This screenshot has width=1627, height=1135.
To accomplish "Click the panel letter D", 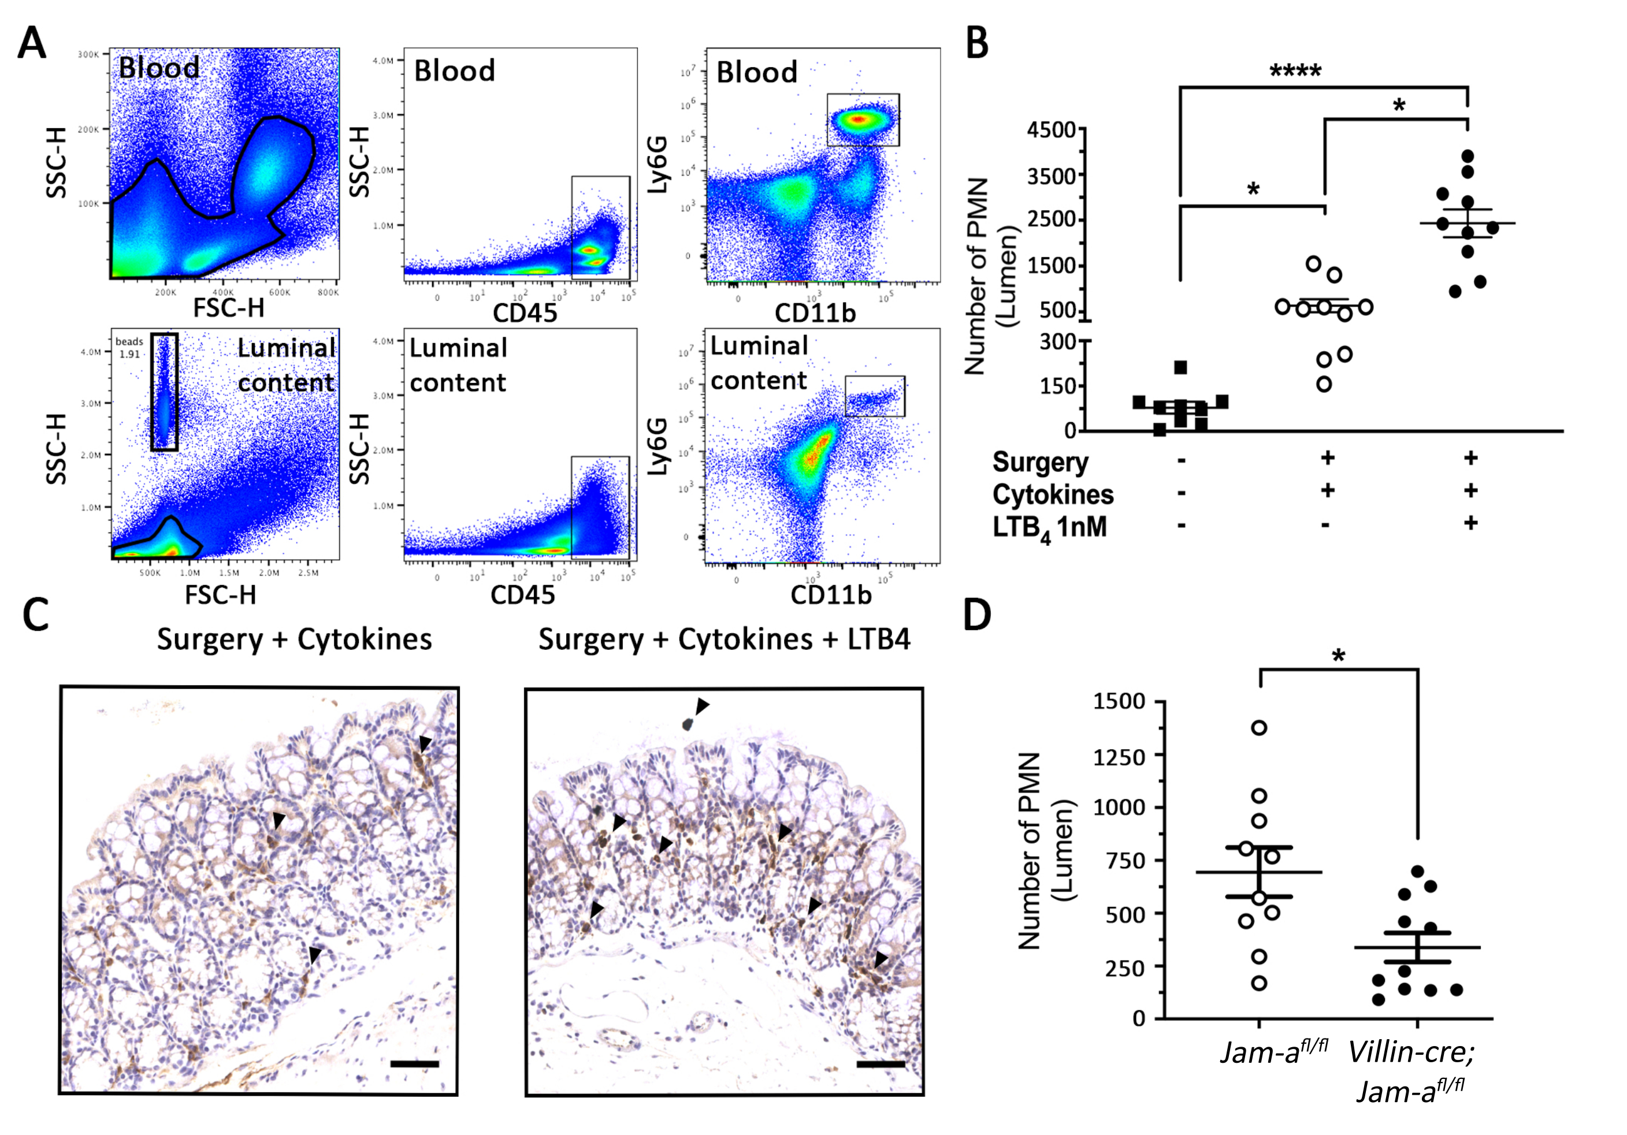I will click(977, 615).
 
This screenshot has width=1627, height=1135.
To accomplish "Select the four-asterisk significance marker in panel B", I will click(1295, 71).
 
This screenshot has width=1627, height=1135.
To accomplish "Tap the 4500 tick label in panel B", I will click(1052, 131).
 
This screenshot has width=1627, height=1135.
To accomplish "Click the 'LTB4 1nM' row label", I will click(1049, 529).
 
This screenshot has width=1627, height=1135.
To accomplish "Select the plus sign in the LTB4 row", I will click(1470, 523).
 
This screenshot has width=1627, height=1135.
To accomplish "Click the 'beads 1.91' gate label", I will click(129, 348).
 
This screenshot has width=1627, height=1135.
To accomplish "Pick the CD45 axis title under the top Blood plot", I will click(525, 312).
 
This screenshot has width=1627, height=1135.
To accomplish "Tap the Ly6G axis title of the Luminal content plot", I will click(658, 447).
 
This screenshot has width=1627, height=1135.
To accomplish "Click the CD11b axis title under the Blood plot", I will click(815, 312).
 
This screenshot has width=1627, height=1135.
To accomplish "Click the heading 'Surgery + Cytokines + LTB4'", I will click(723, 639).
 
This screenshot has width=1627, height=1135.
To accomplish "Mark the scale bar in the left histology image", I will click(414, 1063).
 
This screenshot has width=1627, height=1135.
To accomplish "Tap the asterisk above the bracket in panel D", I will click(1338, 656).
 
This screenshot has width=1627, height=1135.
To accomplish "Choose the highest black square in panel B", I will click(1180, 367).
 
